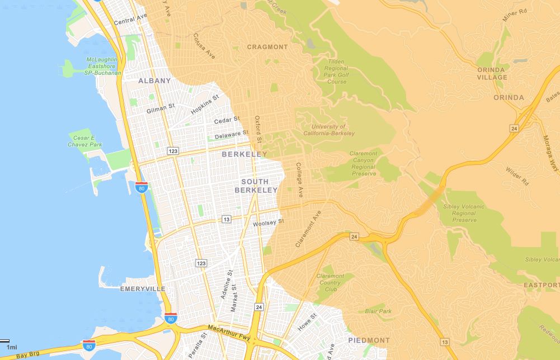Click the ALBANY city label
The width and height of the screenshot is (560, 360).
coord(154,80)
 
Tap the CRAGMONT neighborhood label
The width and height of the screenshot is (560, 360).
coord(267,47)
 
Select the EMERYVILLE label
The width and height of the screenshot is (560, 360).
coord(143,288)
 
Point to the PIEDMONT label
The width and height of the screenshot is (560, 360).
coord(369,340)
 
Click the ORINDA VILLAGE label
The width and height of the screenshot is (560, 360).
coord(492,73)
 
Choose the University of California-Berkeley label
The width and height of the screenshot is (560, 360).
coord(329,130)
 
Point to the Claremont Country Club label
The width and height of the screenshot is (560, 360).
coord(330,282)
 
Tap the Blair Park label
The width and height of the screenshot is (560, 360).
coord(378,311)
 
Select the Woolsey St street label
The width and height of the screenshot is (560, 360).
coord(269,222)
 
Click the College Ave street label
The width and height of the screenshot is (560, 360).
coord(299,180)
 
